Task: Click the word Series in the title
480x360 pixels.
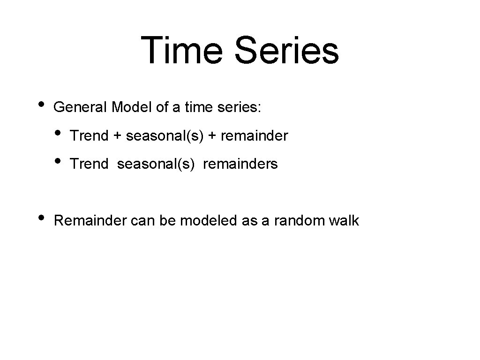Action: coord(287,51)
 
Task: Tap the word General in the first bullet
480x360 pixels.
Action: coord(81,108)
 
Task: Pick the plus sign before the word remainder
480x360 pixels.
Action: coord(212,136)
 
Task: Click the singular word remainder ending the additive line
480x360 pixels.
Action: coord(254,136)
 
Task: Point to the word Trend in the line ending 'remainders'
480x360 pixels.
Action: coord(89,164)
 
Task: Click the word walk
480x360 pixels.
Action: coord(344,221)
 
